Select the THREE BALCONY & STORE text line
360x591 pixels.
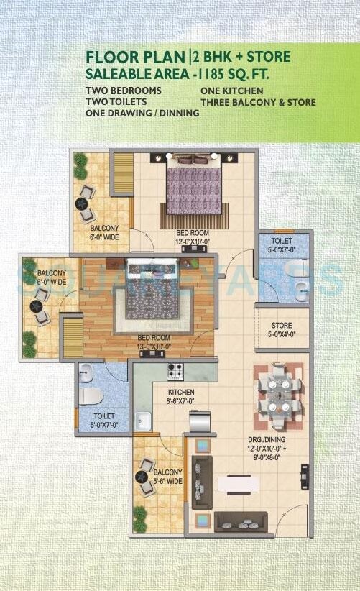tap(258, 103)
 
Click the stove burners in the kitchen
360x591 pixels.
tap(176, 372)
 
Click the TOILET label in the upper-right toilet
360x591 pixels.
tap(282, 244)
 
